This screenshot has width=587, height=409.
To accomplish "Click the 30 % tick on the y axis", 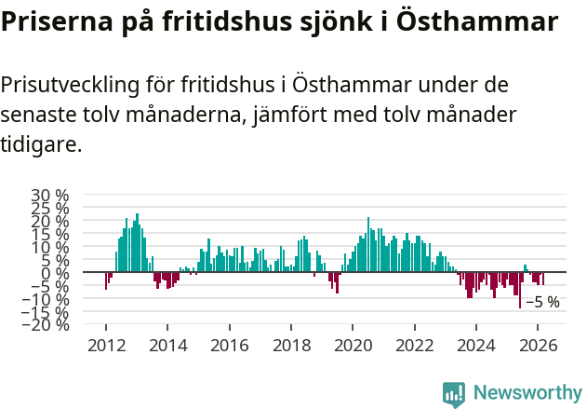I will click(x=51, y=196).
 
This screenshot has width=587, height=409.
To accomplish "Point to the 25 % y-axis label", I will click(x=51, y=209).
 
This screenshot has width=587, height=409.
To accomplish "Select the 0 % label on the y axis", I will click(x=57, y=273).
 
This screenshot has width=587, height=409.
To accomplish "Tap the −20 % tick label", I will click(x=46, y=325).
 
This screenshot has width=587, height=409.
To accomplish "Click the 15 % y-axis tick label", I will click(x=51, y=235).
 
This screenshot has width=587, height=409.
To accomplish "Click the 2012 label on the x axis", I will click(x=105, y=345).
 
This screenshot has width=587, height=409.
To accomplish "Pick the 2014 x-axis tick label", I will click(x=167, y=345).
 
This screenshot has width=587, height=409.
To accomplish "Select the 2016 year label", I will click(x=229, y=345).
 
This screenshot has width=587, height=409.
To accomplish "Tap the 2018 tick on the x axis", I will click(x=291, y=345).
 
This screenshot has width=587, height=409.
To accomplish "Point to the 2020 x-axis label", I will click(x=353, y=345).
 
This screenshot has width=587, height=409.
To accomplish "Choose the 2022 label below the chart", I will click(x=415, y=345).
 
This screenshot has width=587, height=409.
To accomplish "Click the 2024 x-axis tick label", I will click(x=476, y=345).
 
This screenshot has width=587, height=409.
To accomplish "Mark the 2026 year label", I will click(x=538, y=345).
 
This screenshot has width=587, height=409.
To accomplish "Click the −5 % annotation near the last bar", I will click(x=542, y=302).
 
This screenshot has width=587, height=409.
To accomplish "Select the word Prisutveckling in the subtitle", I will click(x=71, y=86).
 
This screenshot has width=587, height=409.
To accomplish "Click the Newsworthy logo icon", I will click(x=454, y=394).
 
